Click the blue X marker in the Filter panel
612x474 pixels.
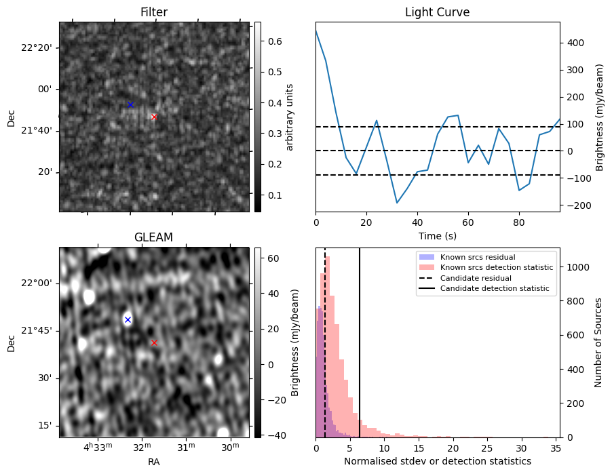(130, 104)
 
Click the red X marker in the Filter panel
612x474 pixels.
(154, 117)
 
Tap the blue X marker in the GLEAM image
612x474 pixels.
(128, 319)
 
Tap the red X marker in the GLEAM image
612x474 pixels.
(154, 342)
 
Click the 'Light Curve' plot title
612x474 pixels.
(437, 12)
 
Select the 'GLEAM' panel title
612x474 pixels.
(153, 237)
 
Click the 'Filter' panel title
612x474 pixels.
(153, 12)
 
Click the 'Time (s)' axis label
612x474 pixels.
(437, 236)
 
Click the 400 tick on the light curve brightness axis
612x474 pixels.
(573, 43)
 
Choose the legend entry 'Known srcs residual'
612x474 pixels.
(478, 258)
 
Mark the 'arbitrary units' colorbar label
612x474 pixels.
(290, 117)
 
